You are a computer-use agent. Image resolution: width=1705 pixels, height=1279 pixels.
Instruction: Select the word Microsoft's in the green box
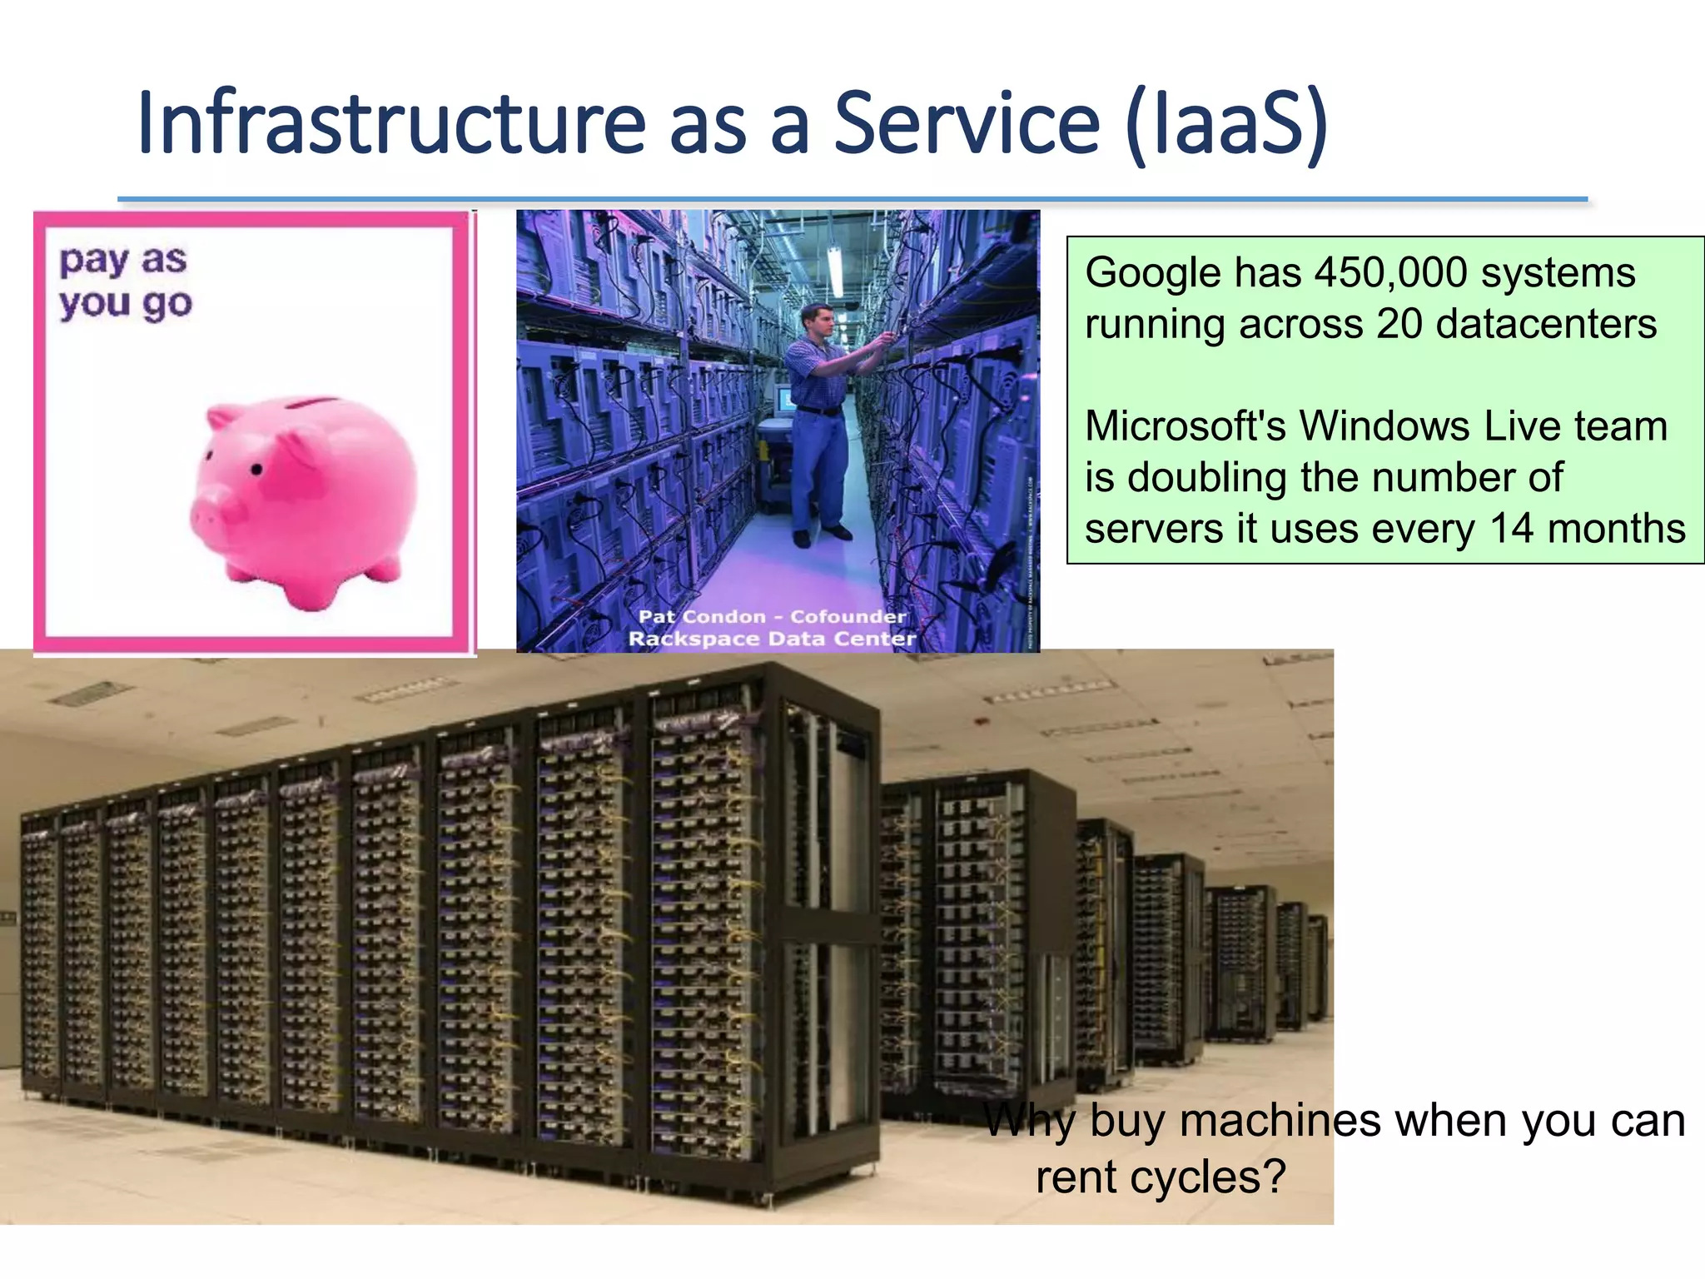coord(1186,426)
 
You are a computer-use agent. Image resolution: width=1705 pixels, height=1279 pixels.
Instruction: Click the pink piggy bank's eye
coord(257,470)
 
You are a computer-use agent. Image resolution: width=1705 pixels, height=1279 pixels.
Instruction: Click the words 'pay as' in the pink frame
coord(123,261)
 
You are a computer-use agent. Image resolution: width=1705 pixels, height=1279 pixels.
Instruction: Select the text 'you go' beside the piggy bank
coord(126,304)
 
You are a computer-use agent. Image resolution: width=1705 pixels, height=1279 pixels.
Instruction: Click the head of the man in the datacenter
coord(817,320)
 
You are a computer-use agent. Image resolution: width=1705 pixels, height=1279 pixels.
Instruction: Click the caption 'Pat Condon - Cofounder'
coord(772,616)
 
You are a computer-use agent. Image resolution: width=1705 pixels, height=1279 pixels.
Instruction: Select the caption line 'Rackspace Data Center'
coord(772,639)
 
